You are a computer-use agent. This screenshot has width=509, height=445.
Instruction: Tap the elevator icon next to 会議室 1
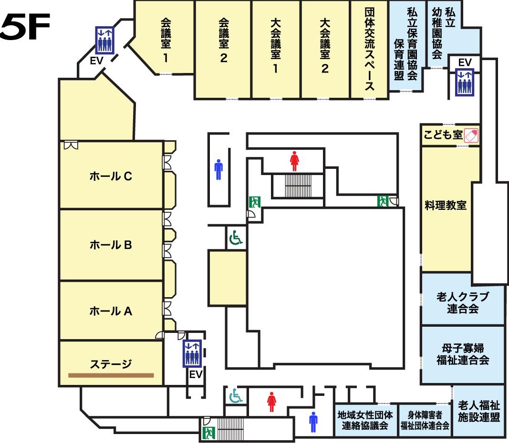[x=104, y=40]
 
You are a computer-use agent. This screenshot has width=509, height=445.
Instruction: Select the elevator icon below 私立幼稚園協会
[x=464, y=82]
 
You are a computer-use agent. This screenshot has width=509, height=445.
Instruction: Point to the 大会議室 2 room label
[x=324, y=46]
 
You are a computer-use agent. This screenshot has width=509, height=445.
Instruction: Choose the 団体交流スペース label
[x=369, y=49]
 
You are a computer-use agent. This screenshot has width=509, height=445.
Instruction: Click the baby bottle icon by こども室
[x=471, y=135]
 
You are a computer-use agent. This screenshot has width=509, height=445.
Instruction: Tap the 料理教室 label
[x=445, y=206]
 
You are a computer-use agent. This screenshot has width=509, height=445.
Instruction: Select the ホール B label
[x=111, y=245]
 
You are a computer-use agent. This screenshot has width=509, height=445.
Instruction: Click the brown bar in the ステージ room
[x=111, y=375]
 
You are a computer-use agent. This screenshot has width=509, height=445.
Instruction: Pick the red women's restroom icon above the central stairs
[x=294, y=161]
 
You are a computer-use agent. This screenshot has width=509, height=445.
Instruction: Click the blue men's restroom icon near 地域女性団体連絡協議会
[x=313, y=421]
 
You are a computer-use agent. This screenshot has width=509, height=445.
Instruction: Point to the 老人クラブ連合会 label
[x=463, y=303]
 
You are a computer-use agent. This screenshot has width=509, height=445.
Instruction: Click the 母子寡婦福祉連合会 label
[x=463, y=353]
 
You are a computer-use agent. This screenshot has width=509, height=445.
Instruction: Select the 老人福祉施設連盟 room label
[x=478, y=412]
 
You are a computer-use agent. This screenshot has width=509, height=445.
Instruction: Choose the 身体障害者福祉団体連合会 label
[x=425, y=420]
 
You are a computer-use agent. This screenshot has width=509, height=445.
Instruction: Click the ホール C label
[x=111, y=176]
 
